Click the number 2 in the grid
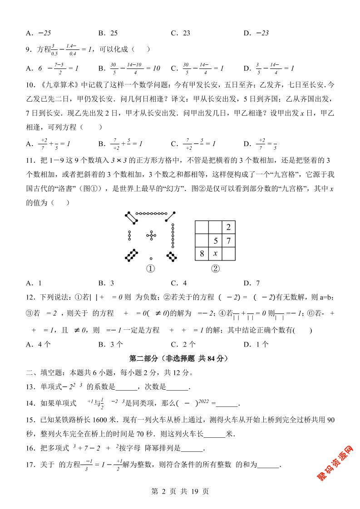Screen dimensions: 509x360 tap(228, 227)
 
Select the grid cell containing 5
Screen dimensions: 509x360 tap(216, 240)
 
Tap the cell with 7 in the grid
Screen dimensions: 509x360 tap(228, 240)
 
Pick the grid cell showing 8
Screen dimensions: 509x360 tap(202, 254)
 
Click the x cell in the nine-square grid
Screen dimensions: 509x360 tap(215, 254)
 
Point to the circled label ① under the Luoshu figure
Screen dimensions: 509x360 tap(151, 269)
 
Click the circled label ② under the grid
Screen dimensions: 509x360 tap(215, 269)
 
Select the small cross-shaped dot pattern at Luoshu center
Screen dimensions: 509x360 tap(151, 235)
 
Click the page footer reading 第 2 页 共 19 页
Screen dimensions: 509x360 tap(180, 491)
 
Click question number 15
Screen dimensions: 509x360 tap(30, 420)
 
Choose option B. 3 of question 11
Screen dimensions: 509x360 tap(106, 283)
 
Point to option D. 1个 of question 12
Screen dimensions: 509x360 tap(256, 344)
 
